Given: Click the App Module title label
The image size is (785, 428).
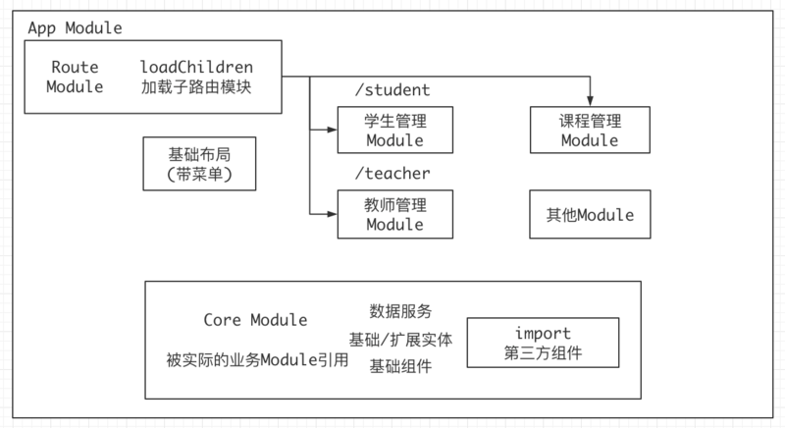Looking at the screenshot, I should pyautogui.click(x=75, y=27).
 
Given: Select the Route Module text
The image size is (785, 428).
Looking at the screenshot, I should pyautogui.click(x=75, y=77).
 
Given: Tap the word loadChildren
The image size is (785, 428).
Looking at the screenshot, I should pyautogui.click(x=196, y=67).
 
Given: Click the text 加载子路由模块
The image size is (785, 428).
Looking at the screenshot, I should pyautogui.click(x=196, y=86).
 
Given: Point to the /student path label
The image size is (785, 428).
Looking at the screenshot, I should pyautogui.click(x=392, y=90).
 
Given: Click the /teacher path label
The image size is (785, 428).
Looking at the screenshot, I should pyautogui.click(x=392, y=174).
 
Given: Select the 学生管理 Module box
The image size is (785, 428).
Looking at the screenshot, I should pyautogui.click(x=394, y=130).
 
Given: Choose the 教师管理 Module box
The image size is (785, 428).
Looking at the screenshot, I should pyautogui.click(x=394, y=214).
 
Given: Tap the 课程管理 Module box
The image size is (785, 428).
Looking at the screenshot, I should pyautogui.click(x=590, y=130).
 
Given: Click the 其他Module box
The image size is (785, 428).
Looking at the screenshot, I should pyautogui.click(x=590, y=214).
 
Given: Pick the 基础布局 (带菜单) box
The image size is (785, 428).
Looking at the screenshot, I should pyautogui.click(x=199, y=163).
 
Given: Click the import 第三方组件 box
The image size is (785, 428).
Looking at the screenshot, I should pyautogui.click(x=543, y=343).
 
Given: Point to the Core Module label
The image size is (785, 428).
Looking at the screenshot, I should pyautogui.click(x=255, y=320).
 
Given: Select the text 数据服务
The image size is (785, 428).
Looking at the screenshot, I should pyautogui.click(x=400, y=311).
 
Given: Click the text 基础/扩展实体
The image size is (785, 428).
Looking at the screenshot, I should pyautogui.click(x=400, y=339).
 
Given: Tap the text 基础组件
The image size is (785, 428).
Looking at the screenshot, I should pyautogui.click(x=400, y=366).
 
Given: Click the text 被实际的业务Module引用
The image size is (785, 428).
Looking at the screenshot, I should pyautogui.click(x=257, y=359).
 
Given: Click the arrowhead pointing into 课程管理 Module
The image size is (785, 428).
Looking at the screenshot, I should pyautogui.click(x=591, y=99).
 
